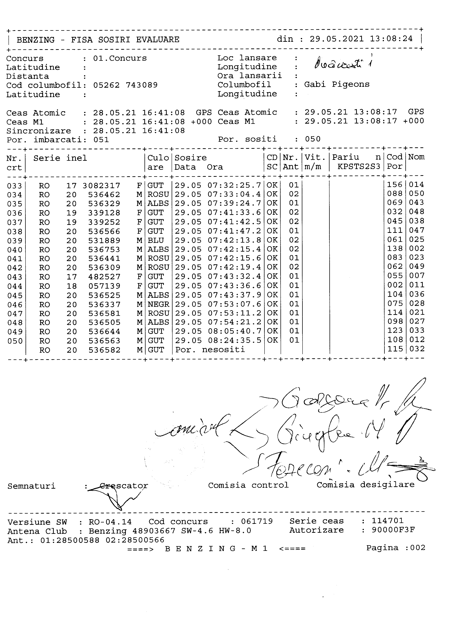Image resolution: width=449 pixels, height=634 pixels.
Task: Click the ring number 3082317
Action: (101, 185)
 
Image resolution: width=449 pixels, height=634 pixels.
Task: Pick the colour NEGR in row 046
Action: (158, 304)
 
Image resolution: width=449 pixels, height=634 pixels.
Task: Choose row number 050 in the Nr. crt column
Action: (15, 341)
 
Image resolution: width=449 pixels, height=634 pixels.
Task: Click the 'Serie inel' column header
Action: (60, 158)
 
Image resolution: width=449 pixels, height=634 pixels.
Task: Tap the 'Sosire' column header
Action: (190, 158)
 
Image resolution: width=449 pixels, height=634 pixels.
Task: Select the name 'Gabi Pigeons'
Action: (337, 84)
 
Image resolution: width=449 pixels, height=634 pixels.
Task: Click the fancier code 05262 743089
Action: (125, 85)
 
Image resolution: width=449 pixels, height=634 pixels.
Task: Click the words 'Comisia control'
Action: (248, 485)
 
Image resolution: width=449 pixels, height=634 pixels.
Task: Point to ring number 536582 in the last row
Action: (104, 350)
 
